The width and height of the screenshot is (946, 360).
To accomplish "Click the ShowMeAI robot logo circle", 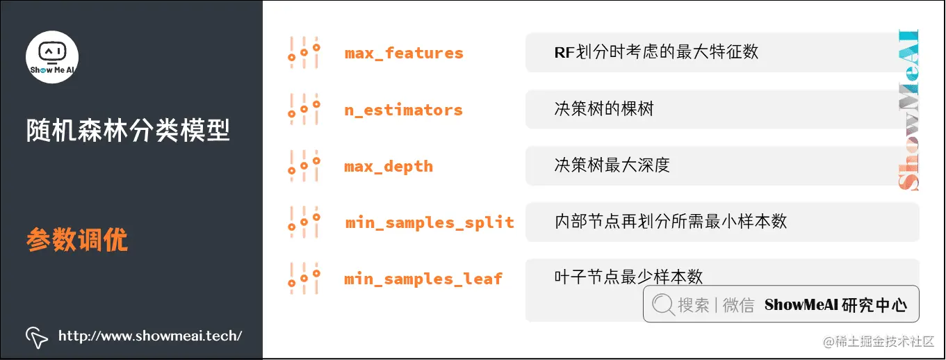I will (x=52, y=56).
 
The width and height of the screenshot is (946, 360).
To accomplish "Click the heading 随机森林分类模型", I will (x=129, y=130).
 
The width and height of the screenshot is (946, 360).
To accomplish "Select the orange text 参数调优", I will (x=77, y=240).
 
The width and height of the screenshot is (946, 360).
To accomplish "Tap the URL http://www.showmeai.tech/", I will (x=150, y=336).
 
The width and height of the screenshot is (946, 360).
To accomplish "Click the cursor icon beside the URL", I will (x=36, y=336).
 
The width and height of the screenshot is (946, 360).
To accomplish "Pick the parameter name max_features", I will (x=404, y=53).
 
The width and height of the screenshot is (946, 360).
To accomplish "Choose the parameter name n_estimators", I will (x=403, y=110).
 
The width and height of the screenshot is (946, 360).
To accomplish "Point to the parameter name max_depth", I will (x=389, y=167).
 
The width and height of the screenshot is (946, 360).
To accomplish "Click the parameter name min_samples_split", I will (x=430, y=222).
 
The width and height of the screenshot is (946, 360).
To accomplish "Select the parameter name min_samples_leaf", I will (x=423, y=279).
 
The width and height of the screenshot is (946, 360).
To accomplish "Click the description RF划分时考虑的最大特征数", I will (x=655, y=52).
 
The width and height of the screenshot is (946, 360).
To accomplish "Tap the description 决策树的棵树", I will (x=603, y=109).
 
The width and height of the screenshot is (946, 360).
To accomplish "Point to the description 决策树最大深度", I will (x=612, y=165).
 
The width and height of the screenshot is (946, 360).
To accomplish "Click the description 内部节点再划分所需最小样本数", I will (x=670, y=222).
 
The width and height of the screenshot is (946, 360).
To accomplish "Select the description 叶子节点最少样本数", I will (x=628, y=277).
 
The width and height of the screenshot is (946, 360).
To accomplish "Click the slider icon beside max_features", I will (x=304, y=52).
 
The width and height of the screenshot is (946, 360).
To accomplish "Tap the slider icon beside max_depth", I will (x=304, y=165).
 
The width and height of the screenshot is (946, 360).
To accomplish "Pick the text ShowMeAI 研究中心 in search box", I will (x=835, y=304).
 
